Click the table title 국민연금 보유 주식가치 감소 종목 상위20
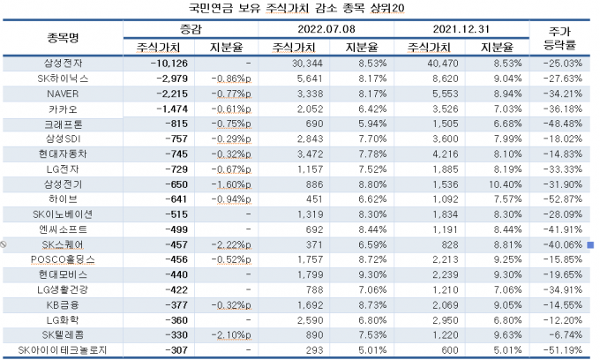coord(299,10)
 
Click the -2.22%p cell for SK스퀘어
coord(231,244)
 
